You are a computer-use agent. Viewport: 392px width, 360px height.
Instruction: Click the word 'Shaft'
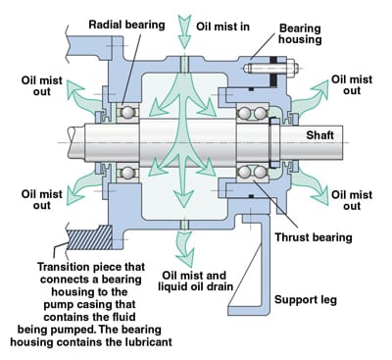tap(324, 134)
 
